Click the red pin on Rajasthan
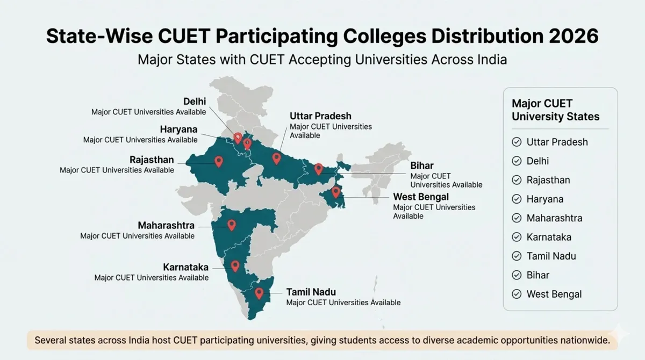click(219, 161)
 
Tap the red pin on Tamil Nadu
click(259, 293)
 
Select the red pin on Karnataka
click(235, 265)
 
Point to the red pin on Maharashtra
click(232, 225)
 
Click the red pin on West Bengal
click(336, 191)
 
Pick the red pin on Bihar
click(318, 169)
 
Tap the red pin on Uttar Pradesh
click(276, 157)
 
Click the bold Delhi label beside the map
click(195, 102)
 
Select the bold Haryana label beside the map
click(178, 129)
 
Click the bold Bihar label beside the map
click(422, 165)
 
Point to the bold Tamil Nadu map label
click(311, 292)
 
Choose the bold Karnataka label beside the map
click(185, 267)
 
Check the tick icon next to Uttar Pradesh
click(517, 142)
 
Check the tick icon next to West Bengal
click(517, 294)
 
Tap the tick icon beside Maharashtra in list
click(517, 218)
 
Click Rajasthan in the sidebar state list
click(548, 180)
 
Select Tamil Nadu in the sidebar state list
click(551, 256)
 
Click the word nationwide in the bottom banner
click(580, 340)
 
